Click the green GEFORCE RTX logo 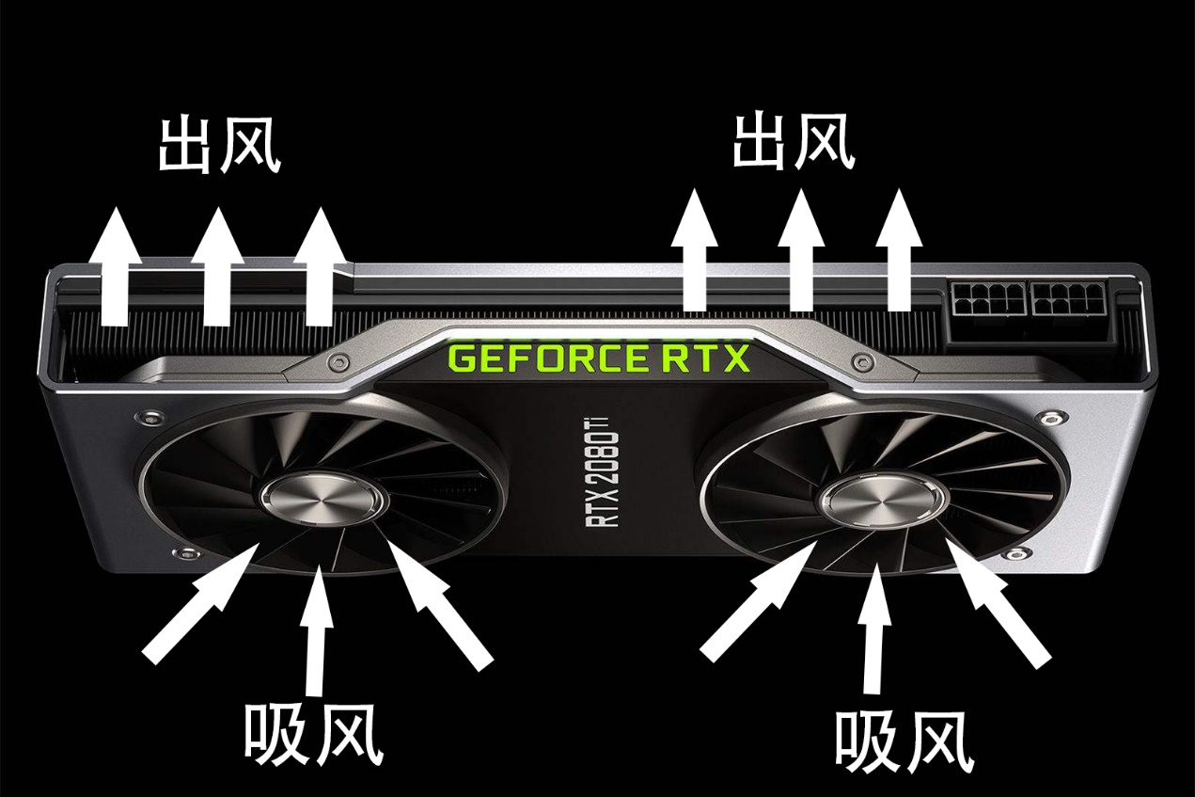coord(599,358)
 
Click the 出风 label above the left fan coord(219,145)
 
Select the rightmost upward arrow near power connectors coord(899,249)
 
